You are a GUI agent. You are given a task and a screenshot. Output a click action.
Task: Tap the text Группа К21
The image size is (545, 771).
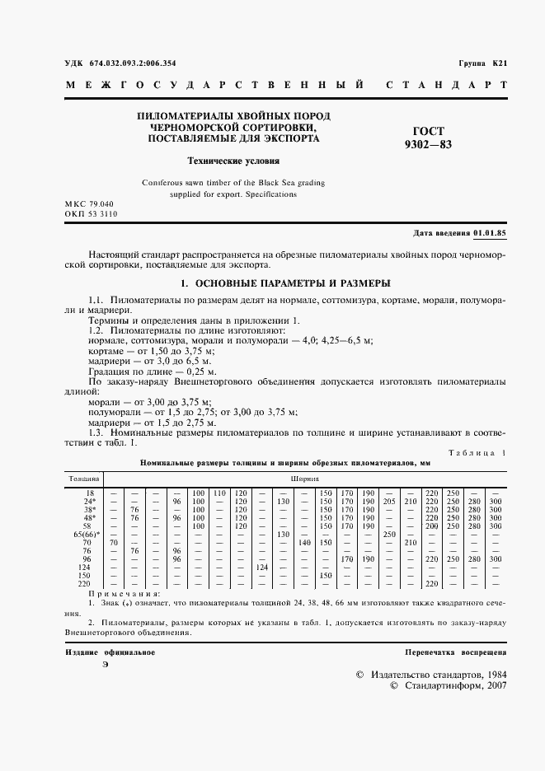pyautogui.click(x=482, y=63)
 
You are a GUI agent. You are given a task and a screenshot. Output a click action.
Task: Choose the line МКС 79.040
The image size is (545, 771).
pyautogui.click(x=90, y=203)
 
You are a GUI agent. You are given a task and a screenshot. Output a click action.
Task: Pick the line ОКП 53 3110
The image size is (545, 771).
pyautogui.click(x=92, y=213)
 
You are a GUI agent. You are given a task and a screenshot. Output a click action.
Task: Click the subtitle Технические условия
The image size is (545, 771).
pyautogui.click(x=234, y=161)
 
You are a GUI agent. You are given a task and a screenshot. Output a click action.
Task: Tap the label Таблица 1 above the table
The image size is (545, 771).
pyautogui.click(x=478, y=454)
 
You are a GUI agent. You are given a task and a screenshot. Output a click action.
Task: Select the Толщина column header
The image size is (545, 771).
pyautogui.click(x=83, y=477)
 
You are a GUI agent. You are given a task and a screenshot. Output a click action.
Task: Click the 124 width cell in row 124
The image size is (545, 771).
pyautogui.click(x=263, y=567)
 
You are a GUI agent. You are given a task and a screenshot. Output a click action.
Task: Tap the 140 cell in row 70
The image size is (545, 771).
pyautogui.click(x=304, y=542)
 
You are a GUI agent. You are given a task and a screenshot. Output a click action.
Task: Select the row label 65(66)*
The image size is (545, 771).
pyautogui.click(x=86, y=534)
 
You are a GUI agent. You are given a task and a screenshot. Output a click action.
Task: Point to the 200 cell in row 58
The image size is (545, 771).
pyautogui.click(x=431, y=526)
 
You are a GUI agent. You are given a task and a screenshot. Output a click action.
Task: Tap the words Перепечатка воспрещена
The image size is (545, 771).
pyautogui.click(x=455, y=652)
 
